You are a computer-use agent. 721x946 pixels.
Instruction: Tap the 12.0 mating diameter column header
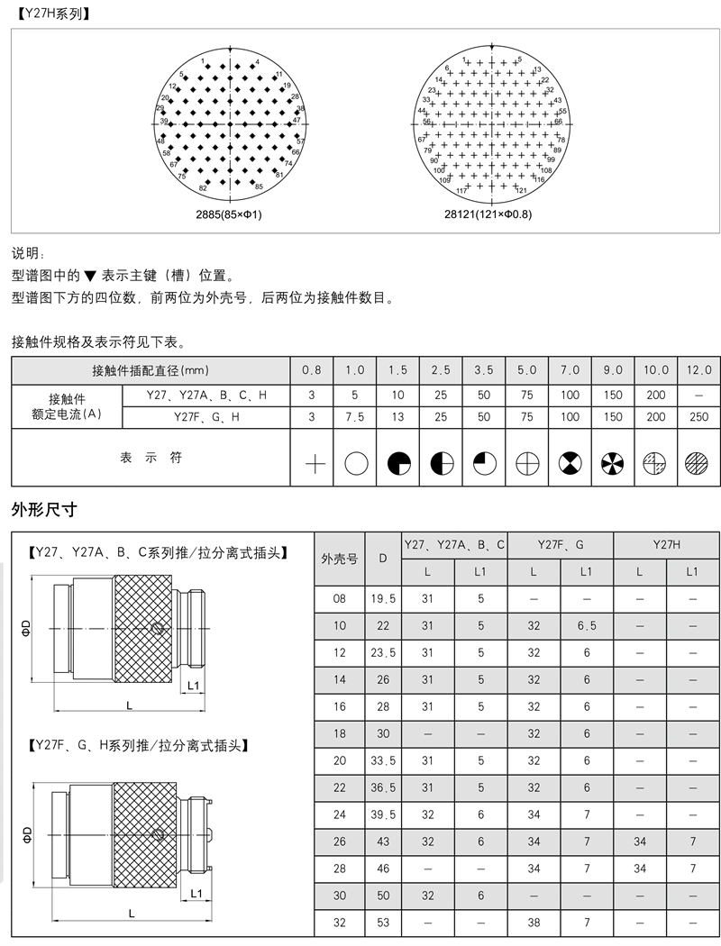(698, 370)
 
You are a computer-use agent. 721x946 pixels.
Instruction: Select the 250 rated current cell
(698, 417)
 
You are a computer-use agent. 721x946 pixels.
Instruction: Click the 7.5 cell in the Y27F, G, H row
(355, 417)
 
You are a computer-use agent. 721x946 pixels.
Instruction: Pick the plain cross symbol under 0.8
(313, 464)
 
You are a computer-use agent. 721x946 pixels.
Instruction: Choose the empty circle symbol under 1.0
(356, 464)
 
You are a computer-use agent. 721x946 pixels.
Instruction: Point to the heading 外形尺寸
(44, 510)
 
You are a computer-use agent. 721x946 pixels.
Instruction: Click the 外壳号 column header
(339, 558)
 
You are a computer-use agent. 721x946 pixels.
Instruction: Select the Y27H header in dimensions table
(667, 544)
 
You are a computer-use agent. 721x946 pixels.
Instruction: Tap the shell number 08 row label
(339, 599)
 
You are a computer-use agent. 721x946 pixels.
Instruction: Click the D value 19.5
(383, 599)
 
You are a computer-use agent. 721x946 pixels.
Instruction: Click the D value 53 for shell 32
(383, 923)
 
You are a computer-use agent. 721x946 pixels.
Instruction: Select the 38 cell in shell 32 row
(534, 923)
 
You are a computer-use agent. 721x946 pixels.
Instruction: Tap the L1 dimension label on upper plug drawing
(193, 687)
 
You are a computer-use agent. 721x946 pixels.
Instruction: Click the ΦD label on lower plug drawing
(26, 833)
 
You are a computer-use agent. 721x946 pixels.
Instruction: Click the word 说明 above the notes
(27, 255)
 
